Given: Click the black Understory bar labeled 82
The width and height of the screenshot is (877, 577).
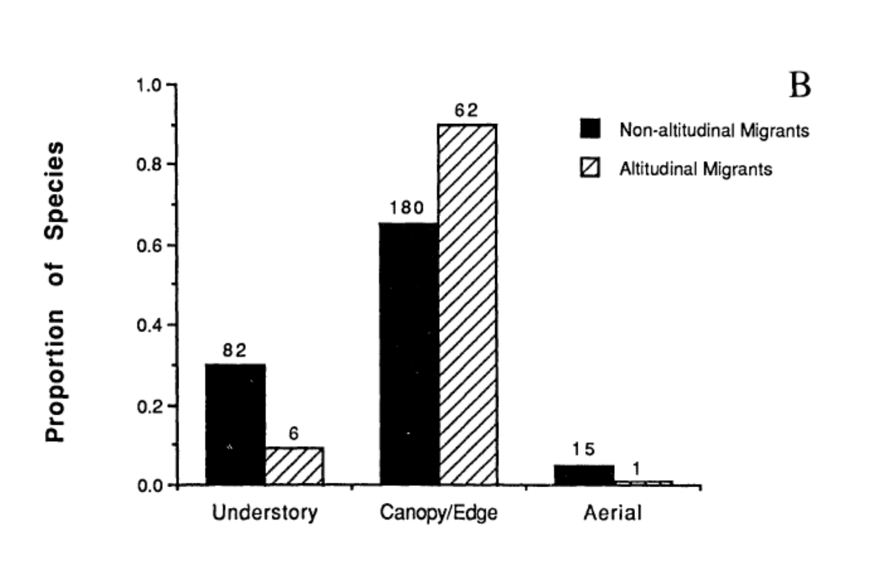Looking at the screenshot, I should click(x=235, y=424).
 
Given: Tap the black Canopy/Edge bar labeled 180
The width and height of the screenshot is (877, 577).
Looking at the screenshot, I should click(x=409, y=353).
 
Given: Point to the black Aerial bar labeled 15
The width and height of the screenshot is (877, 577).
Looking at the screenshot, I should click(x=584, y=474).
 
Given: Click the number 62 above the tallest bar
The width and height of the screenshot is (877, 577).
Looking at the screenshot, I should click(x=466, y=111).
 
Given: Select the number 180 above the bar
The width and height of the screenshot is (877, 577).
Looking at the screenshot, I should click(x=406, y=208).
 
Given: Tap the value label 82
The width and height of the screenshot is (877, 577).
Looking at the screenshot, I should click(x=234, y=351).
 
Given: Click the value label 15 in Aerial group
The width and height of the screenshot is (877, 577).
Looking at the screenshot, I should click(x=583, y=449).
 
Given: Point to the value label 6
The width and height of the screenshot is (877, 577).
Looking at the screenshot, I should click(x=294, y=433).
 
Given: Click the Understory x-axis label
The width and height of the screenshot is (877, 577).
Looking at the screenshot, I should click(x=264, y=512).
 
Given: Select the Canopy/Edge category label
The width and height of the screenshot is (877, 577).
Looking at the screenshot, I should click(x=439, y=512).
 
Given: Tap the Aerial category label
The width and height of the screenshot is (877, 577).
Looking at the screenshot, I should click(x=612, y=512).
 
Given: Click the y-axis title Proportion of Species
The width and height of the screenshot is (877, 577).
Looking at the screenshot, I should click(x=55, y=292).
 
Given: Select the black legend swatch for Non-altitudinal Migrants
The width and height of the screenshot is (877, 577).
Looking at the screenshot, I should click(x=590, y=129).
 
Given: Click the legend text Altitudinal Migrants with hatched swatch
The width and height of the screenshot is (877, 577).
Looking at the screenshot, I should click(x=695, y=169).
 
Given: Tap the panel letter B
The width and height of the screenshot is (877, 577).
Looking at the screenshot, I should click(x=800, y=86).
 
